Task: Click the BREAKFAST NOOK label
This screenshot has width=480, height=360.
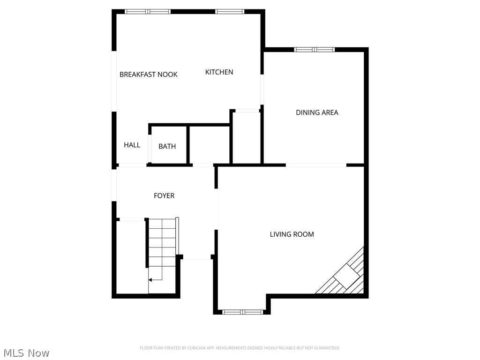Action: point(148,75)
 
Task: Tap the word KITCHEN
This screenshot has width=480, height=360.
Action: point(219,72)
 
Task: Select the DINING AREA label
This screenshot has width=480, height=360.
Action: point(317,112)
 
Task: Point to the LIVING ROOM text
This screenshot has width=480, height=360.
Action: point(292,234)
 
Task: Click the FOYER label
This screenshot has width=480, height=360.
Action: point(164,196)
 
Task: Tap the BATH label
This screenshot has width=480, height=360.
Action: point(167,147)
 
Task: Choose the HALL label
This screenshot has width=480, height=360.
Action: point(132,145)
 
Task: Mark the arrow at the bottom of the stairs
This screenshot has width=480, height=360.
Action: point(151,280)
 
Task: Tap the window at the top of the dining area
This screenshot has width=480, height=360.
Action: point(314,49)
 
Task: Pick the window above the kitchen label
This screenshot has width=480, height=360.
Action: point(230,11)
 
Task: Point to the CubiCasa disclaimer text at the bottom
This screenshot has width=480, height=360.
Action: point(240,348)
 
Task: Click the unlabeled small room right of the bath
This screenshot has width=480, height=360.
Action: point(209,144)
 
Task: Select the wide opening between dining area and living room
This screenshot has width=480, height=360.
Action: point(316,165)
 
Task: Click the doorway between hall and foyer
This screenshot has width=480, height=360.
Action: point(132,165)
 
